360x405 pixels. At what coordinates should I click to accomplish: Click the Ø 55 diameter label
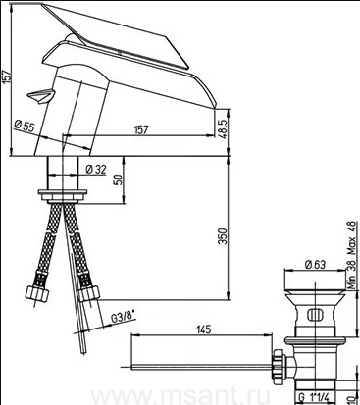pyautogui.click(x=24, y=126)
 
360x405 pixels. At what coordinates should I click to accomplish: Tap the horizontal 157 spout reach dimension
pyautogui.click(x=141, y=129)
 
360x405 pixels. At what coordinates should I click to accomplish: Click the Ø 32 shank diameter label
pyautogui.click(x=96, y=169)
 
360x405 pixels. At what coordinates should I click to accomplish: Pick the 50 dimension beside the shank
pyautogui.click(x=119, y=179)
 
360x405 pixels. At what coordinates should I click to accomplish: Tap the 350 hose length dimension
pyautogui.click(x=223, y=236)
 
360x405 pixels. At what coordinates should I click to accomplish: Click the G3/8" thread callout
pyautogui.click(x=124, y=318)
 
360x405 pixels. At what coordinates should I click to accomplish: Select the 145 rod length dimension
pyautogui.click(x=204, y=329)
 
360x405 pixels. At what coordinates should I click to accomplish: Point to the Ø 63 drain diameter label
pyautogui.click(x=315, y=264)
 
